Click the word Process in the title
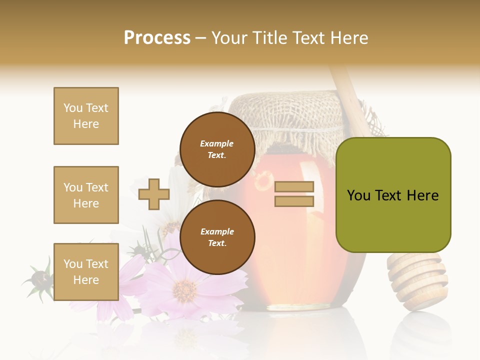tap(157, 38)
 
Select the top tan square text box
tap(86, 116)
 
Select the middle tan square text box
tap(86, 195)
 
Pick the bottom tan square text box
tap(86, 271)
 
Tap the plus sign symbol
tap(154, 194)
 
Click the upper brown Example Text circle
tap(217, 149)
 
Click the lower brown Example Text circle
tap(217, 237)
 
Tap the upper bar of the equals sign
tap(294, 187)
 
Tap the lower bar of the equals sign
tap(294, 201)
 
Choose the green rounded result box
tap(393, 195)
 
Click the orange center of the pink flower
tap(185, 289)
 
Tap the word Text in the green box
tap(393, 195)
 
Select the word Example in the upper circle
tap(216, 143)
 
